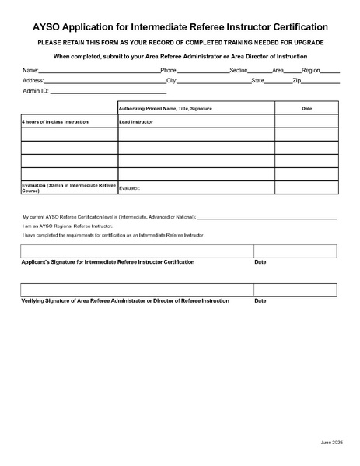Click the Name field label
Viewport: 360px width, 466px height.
tap(30, 70)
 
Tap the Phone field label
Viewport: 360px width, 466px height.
tap(169, 70)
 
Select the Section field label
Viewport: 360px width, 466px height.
tap(238, 70)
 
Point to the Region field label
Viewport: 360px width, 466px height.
tap(310, 70)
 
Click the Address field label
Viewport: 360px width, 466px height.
tap(33, 80)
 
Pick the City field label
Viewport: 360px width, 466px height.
tap(171, 80)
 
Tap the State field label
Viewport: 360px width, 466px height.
tap(258, 80)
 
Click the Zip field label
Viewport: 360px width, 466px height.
tap(296, 80)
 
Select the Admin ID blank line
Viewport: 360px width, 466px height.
tap(108, 92)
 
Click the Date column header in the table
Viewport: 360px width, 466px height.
tap(306, 108)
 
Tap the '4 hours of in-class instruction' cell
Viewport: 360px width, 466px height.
tap(54, 121)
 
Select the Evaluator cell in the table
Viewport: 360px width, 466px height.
tap(130, 187)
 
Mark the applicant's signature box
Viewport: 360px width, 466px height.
tap(137, 251)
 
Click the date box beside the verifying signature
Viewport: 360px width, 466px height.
tap(295, 289)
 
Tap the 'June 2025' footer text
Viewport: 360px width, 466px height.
tap(331, 442)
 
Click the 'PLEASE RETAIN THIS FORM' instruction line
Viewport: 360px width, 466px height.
tap(180, 41)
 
